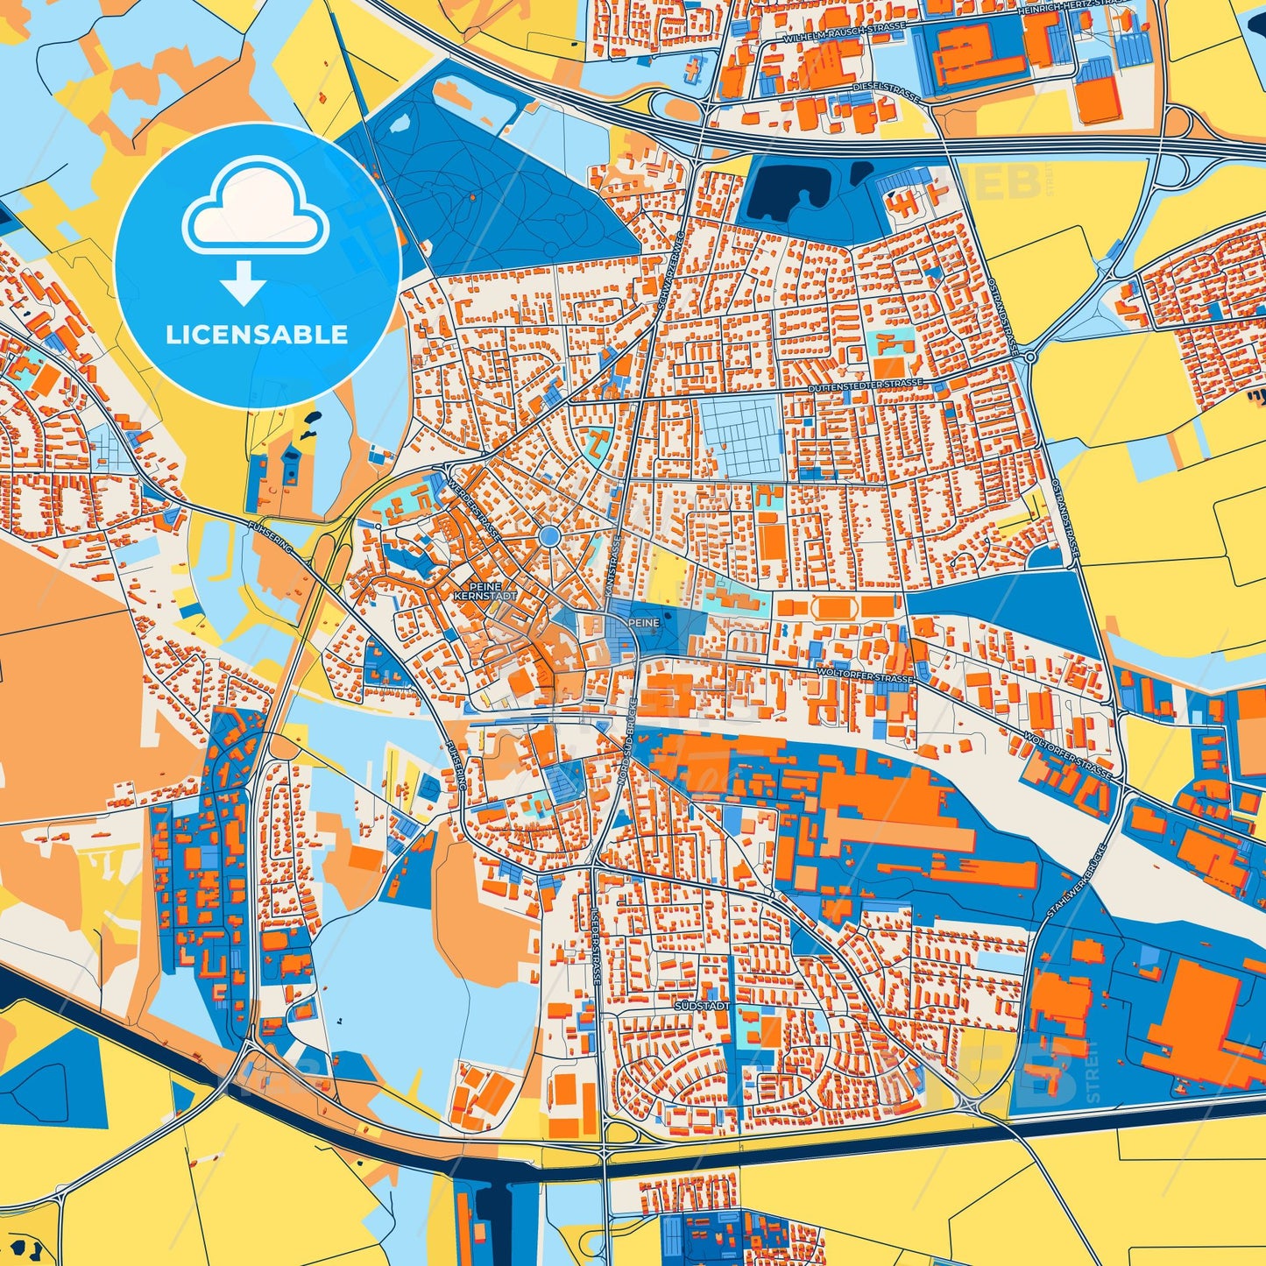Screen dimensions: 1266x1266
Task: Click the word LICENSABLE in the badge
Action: pyautogui.click(x=257, y=335)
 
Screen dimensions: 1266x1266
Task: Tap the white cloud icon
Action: pyautogui.click(x=255, y=209)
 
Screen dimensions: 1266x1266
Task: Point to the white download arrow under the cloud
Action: pyautogui.click(x=244, y=282)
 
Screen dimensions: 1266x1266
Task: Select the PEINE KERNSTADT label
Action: pyautogui.click(x=485, y=591)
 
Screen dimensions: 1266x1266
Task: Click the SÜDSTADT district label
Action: pyautogui.click(x=702, y=1007)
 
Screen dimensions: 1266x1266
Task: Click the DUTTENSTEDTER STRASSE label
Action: pyautogui.click(x=865, y=385)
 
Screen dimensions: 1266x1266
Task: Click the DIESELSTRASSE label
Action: pyautogui.click(x=887, y=92)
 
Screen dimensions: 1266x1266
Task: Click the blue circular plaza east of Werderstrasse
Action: pyautogui.click(x=549, y=536)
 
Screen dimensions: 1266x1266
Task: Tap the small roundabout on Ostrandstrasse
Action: pyautogui.click(x=1030, y=357)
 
